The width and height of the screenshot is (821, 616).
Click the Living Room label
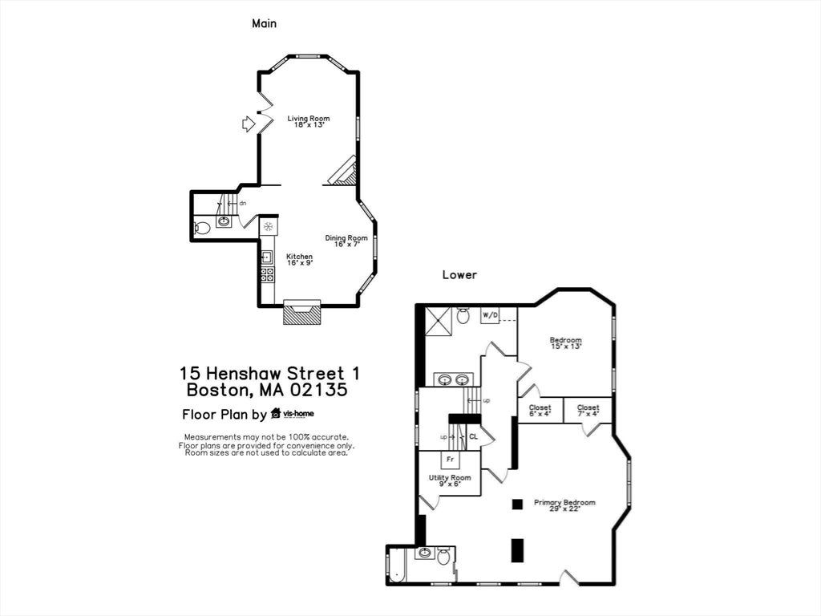(309, 122)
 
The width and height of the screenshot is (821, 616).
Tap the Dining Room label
(346, 241)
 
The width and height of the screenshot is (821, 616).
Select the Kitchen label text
(300, 260)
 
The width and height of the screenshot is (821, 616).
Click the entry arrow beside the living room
(248, 124)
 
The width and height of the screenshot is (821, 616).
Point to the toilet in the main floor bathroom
(201, 228)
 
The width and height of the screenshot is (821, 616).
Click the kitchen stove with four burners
(268, 275)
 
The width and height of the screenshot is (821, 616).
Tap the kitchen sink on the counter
(267, 257)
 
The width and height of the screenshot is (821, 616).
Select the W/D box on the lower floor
(490, 315)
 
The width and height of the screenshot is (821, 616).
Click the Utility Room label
(450, 481)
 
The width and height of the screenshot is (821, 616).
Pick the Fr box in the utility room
(450, 460)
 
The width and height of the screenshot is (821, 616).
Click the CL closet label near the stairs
(473, 436)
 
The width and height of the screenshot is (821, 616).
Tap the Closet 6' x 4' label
(540, 410)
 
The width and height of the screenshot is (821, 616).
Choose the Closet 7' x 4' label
(588, 410)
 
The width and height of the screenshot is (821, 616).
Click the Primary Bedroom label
(564, 505)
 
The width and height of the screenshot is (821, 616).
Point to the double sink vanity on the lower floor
(454, 379)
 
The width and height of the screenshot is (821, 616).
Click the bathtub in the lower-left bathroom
(396, 565)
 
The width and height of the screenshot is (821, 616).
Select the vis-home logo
(292, 414)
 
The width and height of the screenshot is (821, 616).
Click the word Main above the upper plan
(265, 23)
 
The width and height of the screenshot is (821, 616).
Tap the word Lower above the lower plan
(459, 275)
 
